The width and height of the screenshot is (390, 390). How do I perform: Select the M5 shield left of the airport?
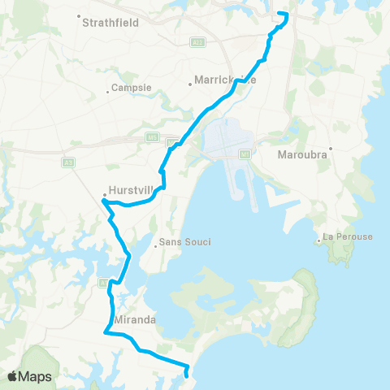[151, 138]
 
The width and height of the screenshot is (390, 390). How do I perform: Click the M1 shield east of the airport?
[245, 153]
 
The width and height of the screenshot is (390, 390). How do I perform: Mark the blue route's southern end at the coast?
[188, 375]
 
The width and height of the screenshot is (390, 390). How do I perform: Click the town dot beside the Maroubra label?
[331, 148]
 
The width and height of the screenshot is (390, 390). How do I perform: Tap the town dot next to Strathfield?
[78, 16]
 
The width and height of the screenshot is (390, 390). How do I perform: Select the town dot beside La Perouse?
[318, 240]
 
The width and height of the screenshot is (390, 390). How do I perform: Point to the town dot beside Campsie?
[107, 91]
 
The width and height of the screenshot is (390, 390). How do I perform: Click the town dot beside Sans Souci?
[155, 245]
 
